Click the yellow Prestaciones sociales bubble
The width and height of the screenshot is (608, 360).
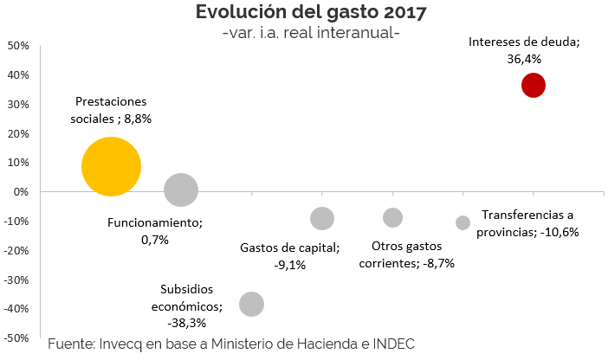pyautogui.click(x=111, y=166)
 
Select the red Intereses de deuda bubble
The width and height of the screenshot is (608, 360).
pyautogui.click(x=533, y=85)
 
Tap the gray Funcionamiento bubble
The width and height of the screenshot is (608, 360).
pyautogui.click(x=181, y=190)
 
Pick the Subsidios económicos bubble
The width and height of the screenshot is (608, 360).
pyautogui.click(x=251, y=304)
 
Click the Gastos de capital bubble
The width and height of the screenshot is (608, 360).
pyautogui.click(x=322, y=218)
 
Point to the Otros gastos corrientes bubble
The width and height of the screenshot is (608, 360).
pyautogui.click(x=392, y=217)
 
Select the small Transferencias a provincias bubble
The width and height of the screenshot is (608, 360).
pyautogui.click(x=462, y=222)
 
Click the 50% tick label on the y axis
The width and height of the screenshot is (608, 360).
pyautogui.click(x=18, y=45)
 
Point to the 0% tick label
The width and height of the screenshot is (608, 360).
pyautogui.click(x=22, y=191)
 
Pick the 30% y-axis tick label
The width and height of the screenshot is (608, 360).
pyautogui.click(x=18, y=104)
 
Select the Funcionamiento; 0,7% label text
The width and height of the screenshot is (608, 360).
pyautogui.click(x=154, y=230)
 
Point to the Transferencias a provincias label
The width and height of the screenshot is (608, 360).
pyautogui.click(x=530, y=222)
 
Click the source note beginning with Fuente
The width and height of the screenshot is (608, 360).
pyautogui.click(x=231, y=344)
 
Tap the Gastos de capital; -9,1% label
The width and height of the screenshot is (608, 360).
pyautogui.click(x=289, y=256)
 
